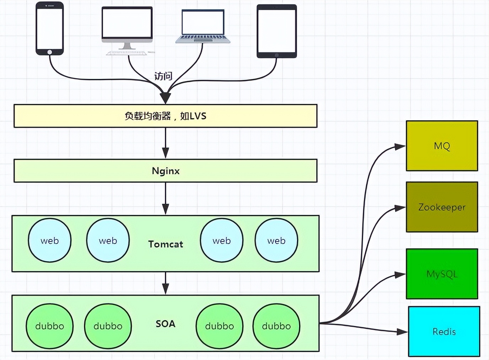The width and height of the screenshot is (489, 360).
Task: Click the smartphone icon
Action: tap(50, 28)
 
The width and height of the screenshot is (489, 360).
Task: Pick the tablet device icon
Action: tap(276, 31)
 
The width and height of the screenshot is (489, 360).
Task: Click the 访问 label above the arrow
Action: tap(163, 76)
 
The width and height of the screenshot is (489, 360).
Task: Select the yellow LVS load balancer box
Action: tap(165, 116)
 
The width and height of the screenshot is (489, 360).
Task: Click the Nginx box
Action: tap(165, 171)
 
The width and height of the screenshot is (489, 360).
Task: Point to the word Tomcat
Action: tap(166, 244)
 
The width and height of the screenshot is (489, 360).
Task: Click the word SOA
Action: tap(166, 324)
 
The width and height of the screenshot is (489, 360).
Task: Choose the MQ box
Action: tap(442, 146)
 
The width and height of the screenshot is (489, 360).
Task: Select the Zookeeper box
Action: tap(442, 207)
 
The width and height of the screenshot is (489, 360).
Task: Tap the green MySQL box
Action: tap(442, 274)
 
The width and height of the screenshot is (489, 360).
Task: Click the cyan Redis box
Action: tap(444, 332)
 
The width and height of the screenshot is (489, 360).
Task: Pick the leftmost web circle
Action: tap(50, 240)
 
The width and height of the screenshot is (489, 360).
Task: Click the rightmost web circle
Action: tap(276, 240)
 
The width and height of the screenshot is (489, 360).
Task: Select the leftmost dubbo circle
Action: tap(50, 326)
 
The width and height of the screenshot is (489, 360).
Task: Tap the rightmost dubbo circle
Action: tap(276, 326)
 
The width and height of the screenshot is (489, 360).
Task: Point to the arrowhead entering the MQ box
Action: tap(400, 146)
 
